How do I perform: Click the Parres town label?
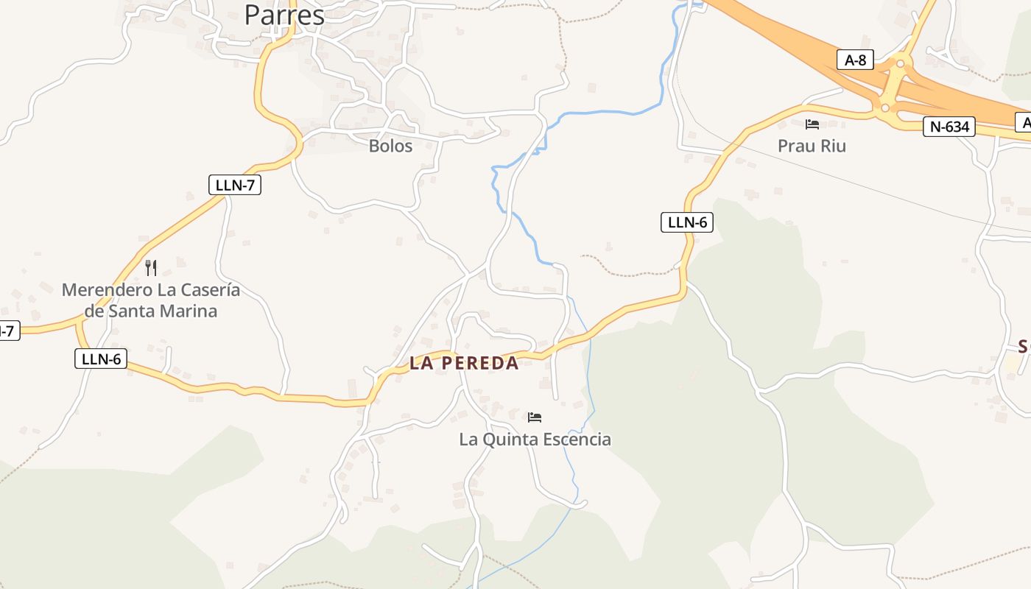pos(284,15)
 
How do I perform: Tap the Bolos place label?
pos(390,146)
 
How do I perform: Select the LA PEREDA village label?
pos(464,363)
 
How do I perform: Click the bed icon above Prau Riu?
pos(812,124)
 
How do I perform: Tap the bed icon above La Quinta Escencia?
pos(535,417)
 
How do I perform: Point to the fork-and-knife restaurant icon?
pos(151,267)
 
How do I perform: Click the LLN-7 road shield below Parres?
pos(235,185)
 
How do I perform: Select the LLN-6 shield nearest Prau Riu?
pos(687,222)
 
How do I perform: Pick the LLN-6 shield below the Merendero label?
pos(101,359)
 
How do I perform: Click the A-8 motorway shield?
pos(855,60)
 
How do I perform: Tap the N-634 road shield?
pos(949,127)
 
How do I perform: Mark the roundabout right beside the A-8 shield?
pos(899,64)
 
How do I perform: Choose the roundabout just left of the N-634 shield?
pos(885,108)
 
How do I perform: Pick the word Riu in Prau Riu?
pos(834,146)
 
